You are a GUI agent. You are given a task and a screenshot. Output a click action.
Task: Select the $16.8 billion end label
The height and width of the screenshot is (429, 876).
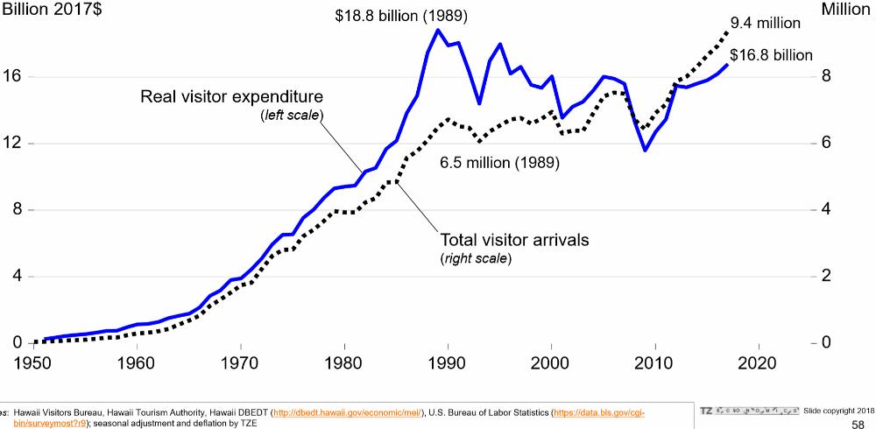pyautogui.click(x=771, y=55)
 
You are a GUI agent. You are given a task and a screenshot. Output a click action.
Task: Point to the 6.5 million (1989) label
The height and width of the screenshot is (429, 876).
pyautogui.click(x=499, y=163)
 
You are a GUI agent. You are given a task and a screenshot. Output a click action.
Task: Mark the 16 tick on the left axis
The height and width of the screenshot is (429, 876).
pyautogui.click(x=13, y=77)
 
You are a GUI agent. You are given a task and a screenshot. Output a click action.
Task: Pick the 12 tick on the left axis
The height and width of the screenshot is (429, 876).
pyautogui.click(x=13, y=144)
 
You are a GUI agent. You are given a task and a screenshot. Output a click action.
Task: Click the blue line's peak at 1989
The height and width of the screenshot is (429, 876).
pyautogui.click(x=437, y=30)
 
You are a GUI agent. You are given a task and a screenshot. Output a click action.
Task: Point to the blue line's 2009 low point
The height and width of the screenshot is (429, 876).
pyautogui.click(x=645, y=151)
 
